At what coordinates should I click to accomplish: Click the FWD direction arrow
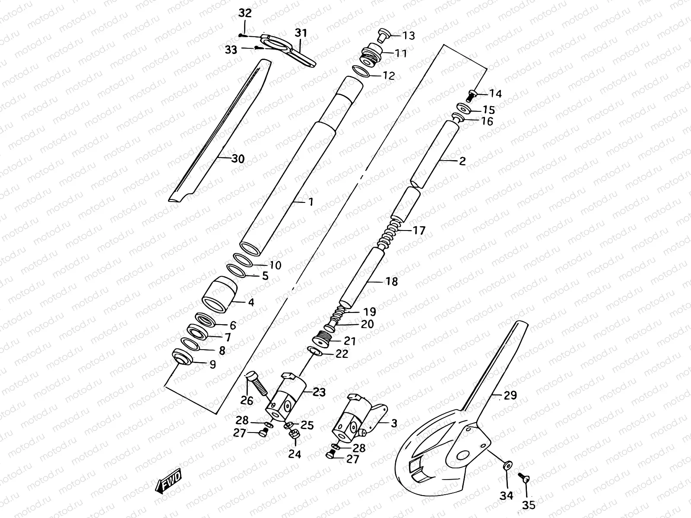coord(169,480)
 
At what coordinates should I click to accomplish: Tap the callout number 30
coord(238,159)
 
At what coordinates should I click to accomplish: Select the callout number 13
coord(409,35)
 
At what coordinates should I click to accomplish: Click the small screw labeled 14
coord(472,92)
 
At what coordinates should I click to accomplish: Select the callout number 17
coord(419,231)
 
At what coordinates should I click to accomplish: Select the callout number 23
coord(320,392)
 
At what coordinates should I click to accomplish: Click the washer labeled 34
coord(507,465)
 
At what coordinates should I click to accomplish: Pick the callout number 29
coord(510,395)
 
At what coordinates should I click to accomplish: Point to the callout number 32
coord(245,13)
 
